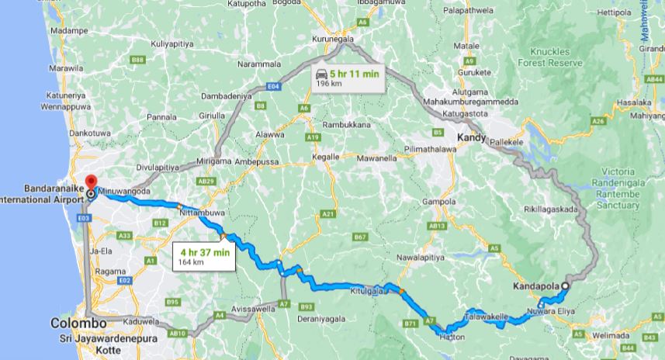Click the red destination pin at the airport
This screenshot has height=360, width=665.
(91, 170)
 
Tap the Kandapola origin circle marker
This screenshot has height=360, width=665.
(565, 286)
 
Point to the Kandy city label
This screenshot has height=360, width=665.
(471, 138)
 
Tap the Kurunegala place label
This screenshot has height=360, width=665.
(333, 38)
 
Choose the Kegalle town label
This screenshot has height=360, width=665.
(325, 156)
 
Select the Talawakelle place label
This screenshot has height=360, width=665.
(487, 317)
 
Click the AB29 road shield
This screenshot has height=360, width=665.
(206, 180)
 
